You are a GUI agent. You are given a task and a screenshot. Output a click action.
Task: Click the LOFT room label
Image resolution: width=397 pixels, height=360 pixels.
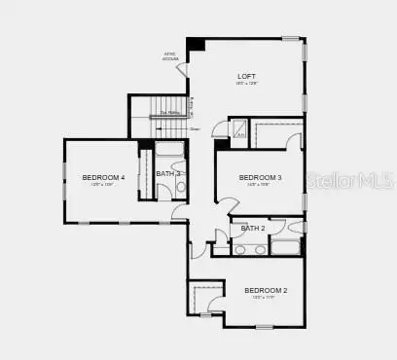coord(247,76)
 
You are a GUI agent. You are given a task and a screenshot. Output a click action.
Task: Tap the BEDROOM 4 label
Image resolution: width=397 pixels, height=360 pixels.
coord(103,177)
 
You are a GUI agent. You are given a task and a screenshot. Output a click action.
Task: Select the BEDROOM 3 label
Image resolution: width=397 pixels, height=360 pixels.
coord(260,177)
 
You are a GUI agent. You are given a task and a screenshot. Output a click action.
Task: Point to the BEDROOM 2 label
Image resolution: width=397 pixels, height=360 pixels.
coord(266,290)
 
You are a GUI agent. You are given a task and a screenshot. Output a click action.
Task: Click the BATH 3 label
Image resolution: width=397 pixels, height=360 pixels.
coord(167,173)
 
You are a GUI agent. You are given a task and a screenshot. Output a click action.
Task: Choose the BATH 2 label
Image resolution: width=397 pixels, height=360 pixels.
coord(253,229)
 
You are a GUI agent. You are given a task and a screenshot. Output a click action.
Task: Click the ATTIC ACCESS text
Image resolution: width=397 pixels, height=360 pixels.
coord(170,56)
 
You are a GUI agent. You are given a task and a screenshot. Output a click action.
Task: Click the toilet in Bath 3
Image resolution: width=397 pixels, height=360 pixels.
coord(180,187)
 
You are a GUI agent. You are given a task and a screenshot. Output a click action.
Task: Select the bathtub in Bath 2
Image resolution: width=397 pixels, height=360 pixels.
coord(286,248)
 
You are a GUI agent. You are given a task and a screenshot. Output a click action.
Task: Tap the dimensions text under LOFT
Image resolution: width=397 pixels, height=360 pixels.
coord(247,84)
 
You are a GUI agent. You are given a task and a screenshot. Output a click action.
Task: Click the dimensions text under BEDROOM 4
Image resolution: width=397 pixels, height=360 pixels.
coord(102,185)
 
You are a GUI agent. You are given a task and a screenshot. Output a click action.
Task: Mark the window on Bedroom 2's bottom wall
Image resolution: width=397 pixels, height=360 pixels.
coord(264,327)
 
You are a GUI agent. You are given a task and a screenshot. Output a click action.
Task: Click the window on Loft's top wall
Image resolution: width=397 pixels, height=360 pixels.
coord(290,38)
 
